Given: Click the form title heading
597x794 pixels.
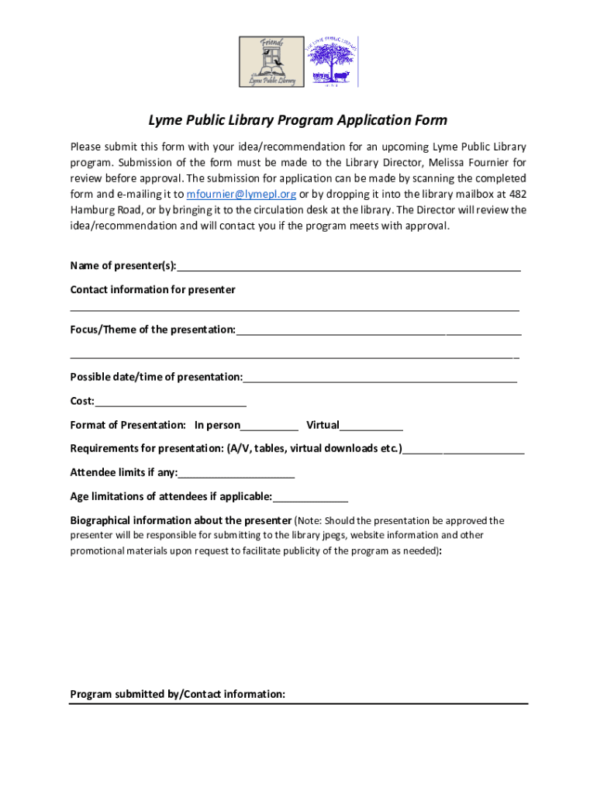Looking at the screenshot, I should [298, 120].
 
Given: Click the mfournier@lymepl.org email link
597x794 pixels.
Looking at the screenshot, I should [242, 195].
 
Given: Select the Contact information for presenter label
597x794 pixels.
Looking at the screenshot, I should [153, 290].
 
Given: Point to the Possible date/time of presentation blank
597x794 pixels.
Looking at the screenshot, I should [380, 378].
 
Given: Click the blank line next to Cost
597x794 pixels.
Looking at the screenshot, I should [171, 402].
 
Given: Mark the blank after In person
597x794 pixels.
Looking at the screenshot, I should [269, 426].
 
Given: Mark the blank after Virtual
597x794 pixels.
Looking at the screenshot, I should [371, 426].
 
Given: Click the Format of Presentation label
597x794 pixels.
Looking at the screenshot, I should [128, 426].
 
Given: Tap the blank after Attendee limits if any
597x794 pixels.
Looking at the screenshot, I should [236, 474].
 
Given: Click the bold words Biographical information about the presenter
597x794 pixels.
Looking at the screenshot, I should [181, 521].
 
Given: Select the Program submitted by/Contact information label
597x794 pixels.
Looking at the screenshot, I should [178, 695].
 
